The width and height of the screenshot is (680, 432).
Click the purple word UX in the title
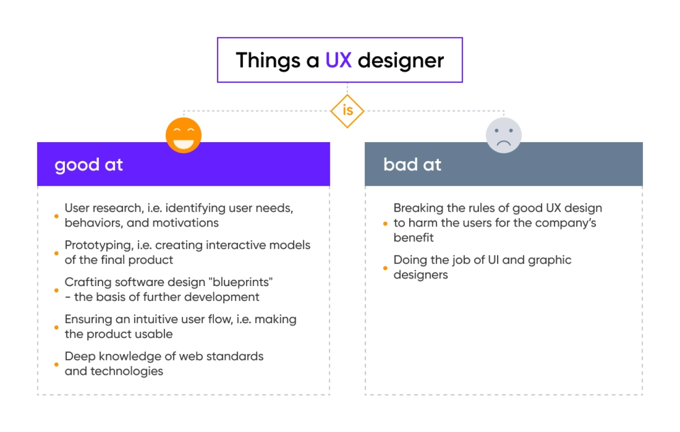338,60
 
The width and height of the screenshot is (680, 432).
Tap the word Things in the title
268,61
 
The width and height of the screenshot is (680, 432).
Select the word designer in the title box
401,61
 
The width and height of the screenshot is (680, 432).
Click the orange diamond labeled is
347,111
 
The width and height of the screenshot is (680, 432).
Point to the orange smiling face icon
183,135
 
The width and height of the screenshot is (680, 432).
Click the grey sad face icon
503,135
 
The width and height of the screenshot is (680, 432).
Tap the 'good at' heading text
89,165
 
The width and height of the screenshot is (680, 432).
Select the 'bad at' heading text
412,165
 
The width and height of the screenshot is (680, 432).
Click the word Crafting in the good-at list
85,282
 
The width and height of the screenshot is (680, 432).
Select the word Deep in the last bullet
80,357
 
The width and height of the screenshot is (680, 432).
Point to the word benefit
413,238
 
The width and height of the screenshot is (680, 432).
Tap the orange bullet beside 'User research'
56,216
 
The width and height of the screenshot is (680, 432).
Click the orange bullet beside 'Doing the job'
385,268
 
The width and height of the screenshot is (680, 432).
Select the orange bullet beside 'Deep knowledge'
56,364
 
